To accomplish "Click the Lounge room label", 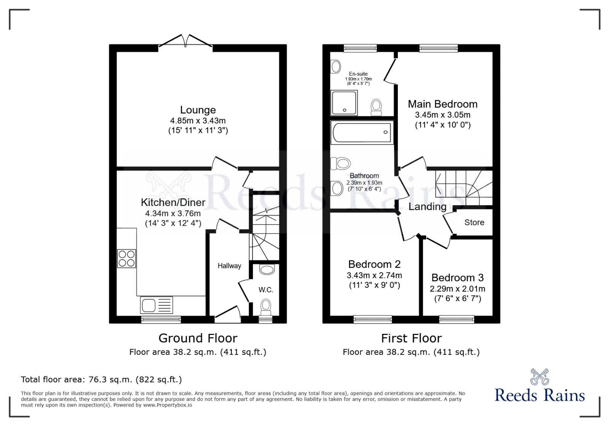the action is [x=198, y=110].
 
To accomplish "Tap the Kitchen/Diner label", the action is [x=173, y=202].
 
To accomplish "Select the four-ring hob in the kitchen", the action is [x=126, y=258].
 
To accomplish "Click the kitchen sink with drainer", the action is [x=156, y=305].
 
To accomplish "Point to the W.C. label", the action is [x=266, y=290].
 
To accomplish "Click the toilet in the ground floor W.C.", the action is [x=266, y=307].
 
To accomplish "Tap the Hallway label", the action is [x=229, y=266].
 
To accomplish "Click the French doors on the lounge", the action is [x=185, y=41].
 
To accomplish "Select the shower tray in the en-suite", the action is [x=344, y=103].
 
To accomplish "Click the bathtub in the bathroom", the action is [x=362, y=132].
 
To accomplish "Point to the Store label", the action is [x=474, y=222].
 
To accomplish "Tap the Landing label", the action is [x=427, y=207].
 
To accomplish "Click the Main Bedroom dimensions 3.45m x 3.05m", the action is [x=443, y=115].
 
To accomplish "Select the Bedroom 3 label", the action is [x=458, y=278].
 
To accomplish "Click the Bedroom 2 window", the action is [x=373, y=319].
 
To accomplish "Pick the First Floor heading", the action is [x=411, y=338].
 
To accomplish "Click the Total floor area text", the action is [x=101, y=379].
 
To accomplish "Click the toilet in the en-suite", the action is [x=376, y=107].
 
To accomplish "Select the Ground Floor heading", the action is [x=198, y=338].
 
